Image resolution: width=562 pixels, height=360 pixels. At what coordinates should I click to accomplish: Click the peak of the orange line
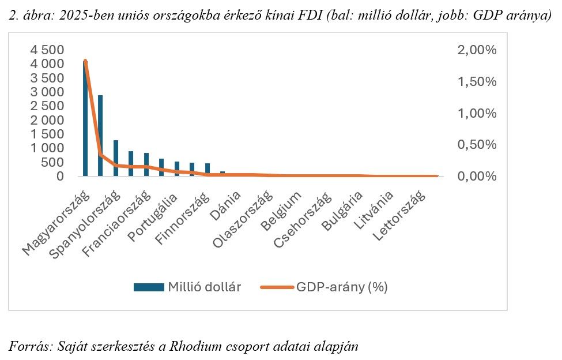coord(85,61)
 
